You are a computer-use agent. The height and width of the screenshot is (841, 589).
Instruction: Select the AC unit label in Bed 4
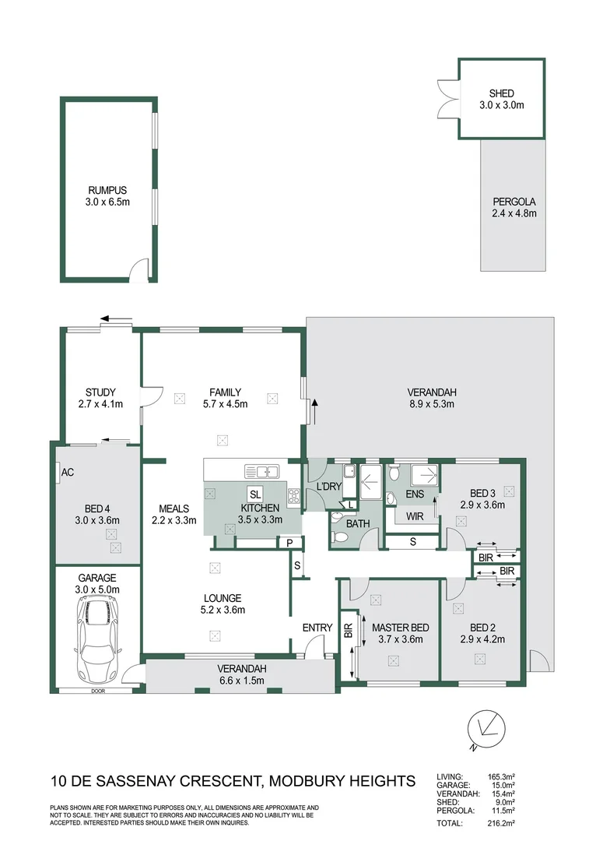(68, 473)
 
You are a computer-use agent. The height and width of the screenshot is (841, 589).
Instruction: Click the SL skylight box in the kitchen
(255, 494)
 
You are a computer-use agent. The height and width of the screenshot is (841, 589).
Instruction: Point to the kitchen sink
(261, 472)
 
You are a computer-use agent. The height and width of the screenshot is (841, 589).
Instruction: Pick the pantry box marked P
(289, 543)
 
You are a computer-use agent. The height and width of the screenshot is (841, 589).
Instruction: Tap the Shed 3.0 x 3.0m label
(502, 99)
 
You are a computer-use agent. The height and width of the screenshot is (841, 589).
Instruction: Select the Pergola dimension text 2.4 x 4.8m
(514, 213)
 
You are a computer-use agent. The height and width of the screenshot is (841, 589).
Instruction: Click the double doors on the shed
(448, 99)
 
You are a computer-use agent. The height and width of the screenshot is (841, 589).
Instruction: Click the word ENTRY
(317, 628)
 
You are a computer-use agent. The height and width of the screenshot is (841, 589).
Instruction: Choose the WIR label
(415, 516)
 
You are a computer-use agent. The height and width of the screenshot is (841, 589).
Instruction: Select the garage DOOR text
(98, 691)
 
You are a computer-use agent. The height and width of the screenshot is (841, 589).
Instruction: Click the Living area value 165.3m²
(501, 776)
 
